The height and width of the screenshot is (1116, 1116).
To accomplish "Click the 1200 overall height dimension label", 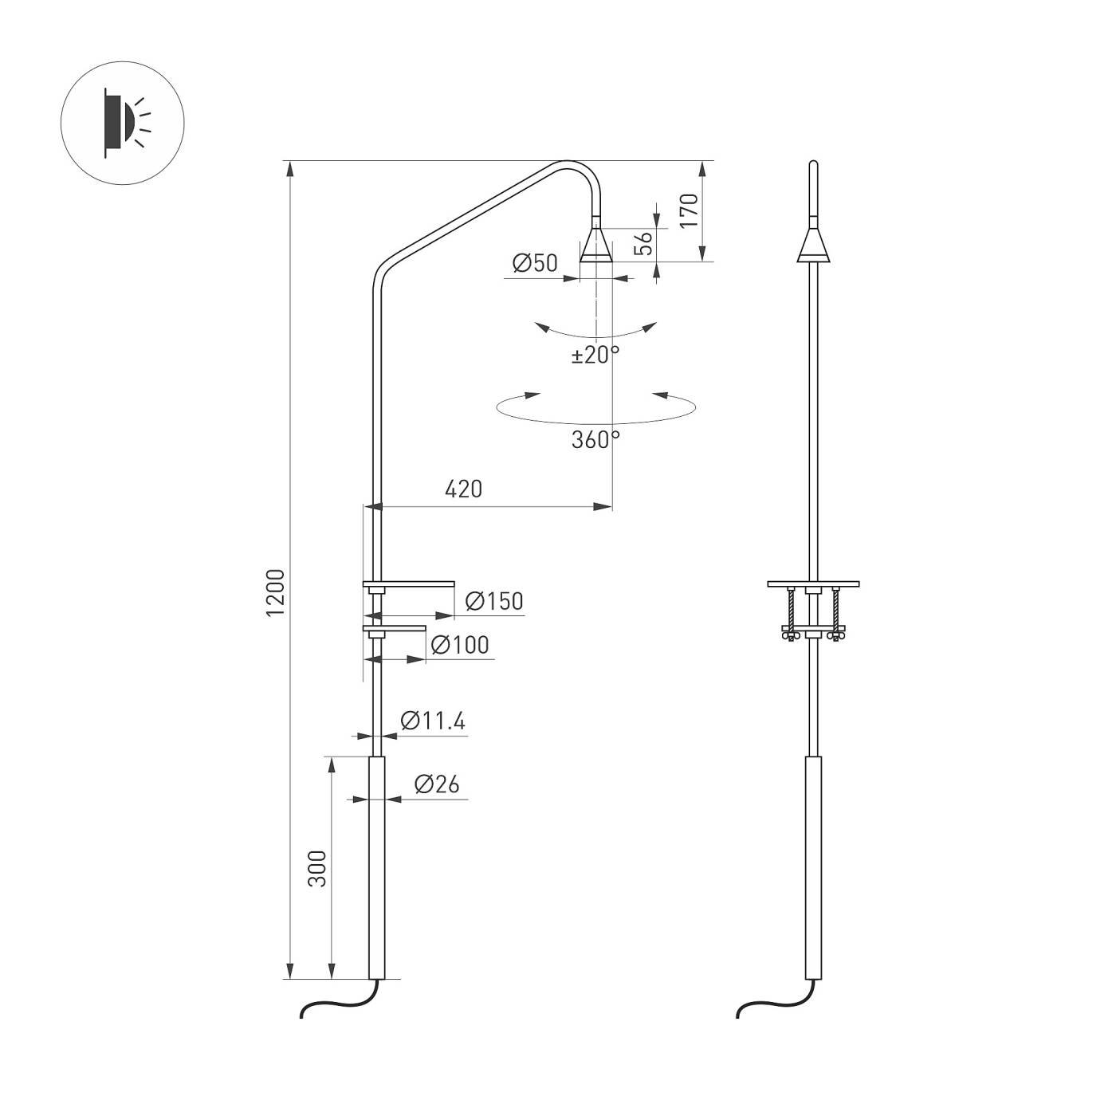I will (275, 591).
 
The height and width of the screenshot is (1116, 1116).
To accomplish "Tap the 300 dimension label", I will (318, 868).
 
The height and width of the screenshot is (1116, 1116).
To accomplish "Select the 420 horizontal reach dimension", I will (463, 489).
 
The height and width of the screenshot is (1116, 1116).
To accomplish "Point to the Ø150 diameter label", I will (493, 601).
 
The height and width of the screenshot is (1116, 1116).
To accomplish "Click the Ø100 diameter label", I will (460, 645).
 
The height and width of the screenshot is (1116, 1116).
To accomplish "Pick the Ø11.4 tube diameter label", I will (433, 721).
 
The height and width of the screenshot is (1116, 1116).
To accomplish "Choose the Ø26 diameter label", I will (437, 784).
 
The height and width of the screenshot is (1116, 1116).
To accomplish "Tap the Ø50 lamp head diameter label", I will (535, 263).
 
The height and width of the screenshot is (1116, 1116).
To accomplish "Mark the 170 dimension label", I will (689, 211).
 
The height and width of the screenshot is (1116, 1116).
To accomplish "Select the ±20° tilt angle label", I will (595, 355).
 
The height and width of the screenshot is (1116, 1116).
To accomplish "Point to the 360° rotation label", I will (595, 439).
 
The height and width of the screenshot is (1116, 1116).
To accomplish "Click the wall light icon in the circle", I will (123, 123).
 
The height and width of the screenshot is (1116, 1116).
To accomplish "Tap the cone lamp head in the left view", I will (596, 246).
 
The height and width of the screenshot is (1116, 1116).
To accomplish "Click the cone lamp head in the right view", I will (813, 246).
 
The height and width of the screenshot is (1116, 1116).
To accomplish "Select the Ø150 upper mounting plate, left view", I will (409, 584).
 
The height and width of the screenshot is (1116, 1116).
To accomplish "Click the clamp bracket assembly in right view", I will (812, 611).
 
